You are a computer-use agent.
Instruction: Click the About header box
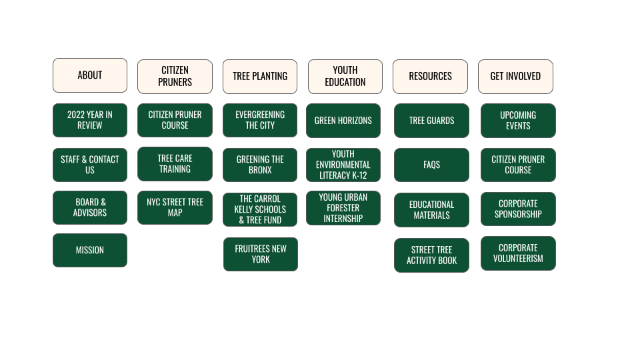pyautogui.click(x=90, y=75)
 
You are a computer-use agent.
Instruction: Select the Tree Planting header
pyautogui.click(x=260, y=77)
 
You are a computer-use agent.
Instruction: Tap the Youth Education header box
pyautogui.click(x=345, y=77)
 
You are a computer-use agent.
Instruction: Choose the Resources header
pyautogui.click(x=430, y=77)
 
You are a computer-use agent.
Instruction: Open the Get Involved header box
pyautogui.click(x=515, y=77)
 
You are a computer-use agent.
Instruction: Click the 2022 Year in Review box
pyautogui.click(x=90, y=120)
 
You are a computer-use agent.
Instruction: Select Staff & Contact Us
pyautogui.click(x=90, y=165)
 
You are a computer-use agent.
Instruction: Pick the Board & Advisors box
pyautogui.click(x=90, y=207)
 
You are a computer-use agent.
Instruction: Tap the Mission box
pyautogui.click(x=90, y=250)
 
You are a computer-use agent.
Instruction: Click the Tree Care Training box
pyautogui.click(x=175, y=164)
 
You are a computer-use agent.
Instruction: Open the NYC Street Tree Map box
pyautogui.click(x=175, y=207)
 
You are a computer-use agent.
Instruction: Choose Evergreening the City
pyautogui.click(x=260, y=120)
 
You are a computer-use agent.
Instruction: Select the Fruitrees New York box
pyautogui.click(x=261, y=254)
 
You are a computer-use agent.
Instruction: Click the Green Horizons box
pyautogui.click(x=343, y=121)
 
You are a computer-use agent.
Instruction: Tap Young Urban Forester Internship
pyautogui.click(x=343, y=208)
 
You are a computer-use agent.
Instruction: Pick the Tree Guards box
pyautogui.click(x=431, y=121)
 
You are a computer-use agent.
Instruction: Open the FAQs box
pyautogui.click(x=431, y=165)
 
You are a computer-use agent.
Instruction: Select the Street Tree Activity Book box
pyautogui.click(x=431, y=255)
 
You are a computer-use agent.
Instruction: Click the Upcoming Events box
pyautogui.click(x=518, y=121)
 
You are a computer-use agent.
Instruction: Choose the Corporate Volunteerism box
pyautogui.click(x=518, y=253)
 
